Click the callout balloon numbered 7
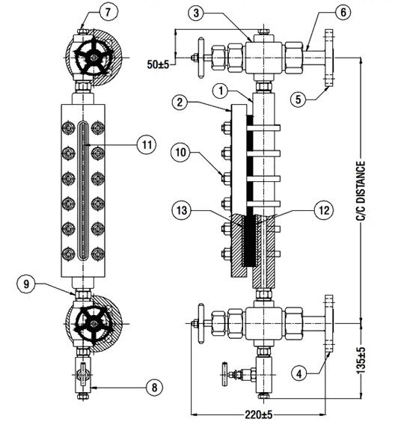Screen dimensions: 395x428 click(108, 12)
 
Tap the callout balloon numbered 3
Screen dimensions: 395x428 click(197, 13)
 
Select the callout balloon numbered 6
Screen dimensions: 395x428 click(343, 12)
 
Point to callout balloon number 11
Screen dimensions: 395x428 click(147, 144)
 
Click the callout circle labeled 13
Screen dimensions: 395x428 click(182, 210)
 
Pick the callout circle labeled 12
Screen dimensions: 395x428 click(324, 210)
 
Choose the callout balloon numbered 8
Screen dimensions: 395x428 click(155, 387)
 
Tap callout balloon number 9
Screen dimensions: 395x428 click(26, 284)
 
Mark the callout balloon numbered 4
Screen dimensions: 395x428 click(300, 373)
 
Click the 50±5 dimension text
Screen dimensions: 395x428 click(159, 64)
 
